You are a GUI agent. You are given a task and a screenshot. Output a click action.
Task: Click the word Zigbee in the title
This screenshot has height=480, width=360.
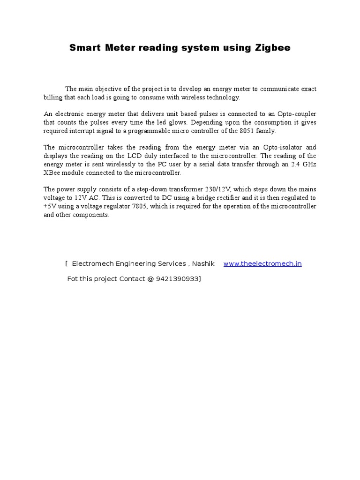272,48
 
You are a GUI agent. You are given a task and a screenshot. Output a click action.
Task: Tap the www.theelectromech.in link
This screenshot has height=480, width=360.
262,264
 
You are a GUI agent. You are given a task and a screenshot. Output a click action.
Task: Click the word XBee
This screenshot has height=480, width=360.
52,172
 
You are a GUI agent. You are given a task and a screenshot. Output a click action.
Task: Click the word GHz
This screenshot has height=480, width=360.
308,164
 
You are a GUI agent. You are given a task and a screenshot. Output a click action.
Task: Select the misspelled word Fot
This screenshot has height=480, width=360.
73,279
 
